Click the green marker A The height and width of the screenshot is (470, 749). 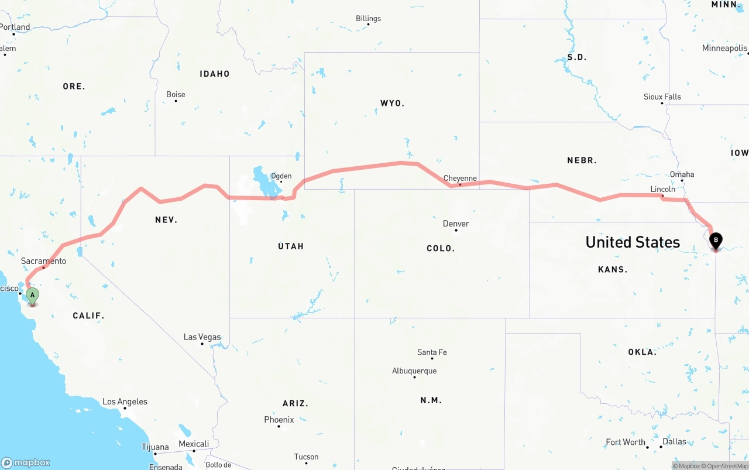[x=33, y=296]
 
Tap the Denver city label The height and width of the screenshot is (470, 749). [x=456, y=224]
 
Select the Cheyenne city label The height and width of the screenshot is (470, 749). [x=460, y=179]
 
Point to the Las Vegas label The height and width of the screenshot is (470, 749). [x=202, y=337]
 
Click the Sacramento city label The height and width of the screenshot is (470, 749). [x=43, y=261]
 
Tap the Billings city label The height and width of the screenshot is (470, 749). [x=368, y=19]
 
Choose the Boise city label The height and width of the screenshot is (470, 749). [x=176, y=94]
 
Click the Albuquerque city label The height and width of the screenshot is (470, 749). [x=414, y=371]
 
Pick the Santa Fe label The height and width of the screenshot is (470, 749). [x=432, y=352]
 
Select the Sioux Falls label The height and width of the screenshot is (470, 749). [x=662, y=97]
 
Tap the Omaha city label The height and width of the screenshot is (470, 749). [x=682, y=174]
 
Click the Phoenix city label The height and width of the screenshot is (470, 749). [x=279, y=420]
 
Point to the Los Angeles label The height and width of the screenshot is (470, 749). [x=125, y=402]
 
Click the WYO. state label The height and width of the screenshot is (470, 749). [x=392, y=103]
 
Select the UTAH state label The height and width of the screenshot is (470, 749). [x=291, y=246]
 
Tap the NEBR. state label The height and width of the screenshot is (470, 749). [x=582, y=160]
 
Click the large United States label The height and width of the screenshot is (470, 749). [x=633, y=242]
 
